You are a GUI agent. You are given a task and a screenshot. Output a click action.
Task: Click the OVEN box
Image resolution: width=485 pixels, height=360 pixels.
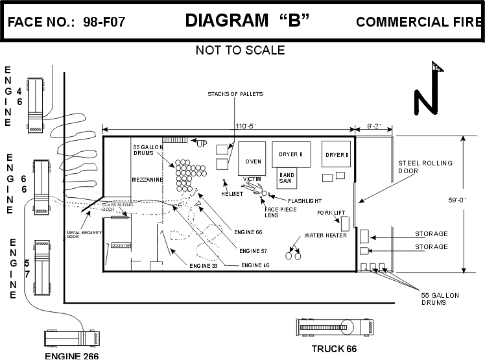pyautogui.click(x=252, y=160)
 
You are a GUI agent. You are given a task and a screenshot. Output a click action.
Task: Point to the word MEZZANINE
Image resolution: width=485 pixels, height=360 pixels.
pyautogui.click(x=147, y=179)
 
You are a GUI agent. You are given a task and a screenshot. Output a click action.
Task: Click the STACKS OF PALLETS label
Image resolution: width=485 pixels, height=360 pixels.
pyautogui.click(x=235, y=95)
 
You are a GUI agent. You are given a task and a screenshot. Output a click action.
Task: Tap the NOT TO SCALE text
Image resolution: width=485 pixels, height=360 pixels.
pyautogui.click(x=240, y=50)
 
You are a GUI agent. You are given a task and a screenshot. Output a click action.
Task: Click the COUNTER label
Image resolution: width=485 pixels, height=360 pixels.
pyautogui.click(x=121, y=246)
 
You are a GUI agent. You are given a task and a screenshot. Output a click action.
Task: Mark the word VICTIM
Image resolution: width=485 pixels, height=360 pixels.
pyautogui.click(x=252, y=178)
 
